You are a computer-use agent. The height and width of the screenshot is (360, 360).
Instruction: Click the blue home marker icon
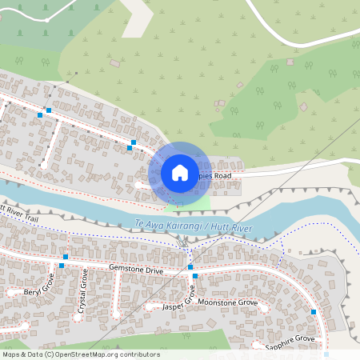click(x=180, y=173)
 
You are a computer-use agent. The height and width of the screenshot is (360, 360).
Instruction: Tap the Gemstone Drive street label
click(x=135, y=271)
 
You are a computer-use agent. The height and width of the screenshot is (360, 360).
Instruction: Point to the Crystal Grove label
click(x=83, y=290)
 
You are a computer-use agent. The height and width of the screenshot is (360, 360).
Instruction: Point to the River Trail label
click(x=19, y=214)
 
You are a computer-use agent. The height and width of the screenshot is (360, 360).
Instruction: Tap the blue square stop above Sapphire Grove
click(x=314, y=312)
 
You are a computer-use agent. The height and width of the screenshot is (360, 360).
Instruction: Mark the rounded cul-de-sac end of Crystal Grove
click(x=78, y=315)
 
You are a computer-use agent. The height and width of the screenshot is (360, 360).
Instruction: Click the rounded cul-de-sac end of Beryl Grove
click(x=12, y=293)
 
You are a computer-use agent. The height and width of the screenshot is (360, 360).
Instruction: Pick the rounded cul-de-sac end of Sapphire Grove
click(x=256, y=345)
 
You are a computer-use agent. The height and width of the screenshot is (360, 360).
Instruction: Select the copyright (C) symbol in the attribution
click(x=50, y=354)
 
